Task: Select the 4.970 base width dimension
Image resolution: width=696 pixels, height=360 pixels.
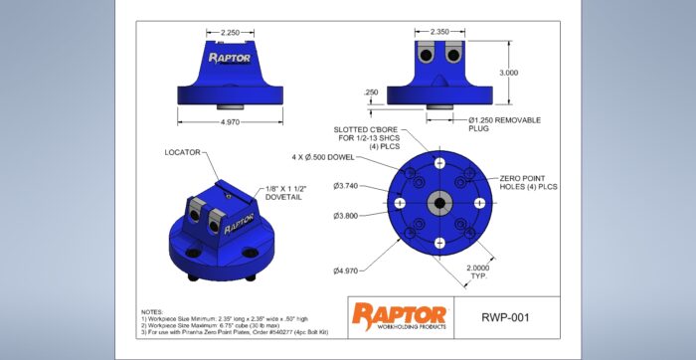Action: [229, 122]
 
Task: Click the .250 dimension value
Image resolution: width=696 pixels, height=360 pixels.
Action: [371, 92]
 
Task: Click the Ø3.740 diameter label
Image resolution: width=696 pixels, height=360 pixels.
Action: [347, 185]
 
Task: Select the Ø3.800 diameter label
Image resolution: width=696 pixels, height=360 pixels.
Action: [347, 215]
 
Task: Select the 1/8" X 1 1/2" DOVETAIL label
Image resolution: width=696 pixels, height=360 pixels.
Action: [288, 194]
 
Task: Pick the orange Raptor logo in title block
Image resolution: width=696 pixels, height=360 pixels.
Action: [398, 313]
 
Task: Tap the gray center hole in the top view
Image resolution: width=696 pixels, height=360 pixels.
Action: [438, 202]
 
